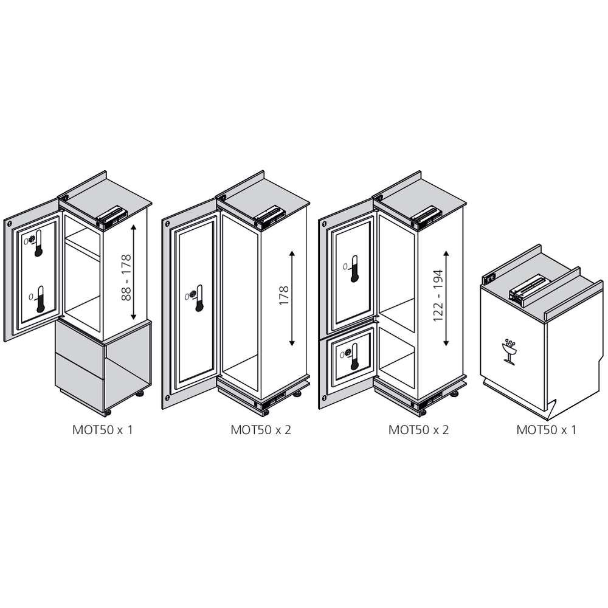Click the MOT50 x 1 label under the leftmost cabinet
pyautogui.click(x=102, y=430)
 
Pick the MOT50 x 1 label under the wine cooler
pyautogui.click(x=546, y=430)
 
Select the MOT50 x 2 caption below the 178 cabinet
pyautogui.click(x=261, y=430)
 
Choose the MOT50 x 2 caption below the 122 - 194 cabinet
pyautogui.click(x=418, y=430)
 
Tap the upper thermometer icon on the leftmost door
pyautogui.click(x=38, y=243)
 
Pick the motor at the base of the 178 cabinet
pyautogui.click(x=271, y=401)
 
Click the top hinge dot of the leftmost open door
pyautogui.click(x=11, y=223)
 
